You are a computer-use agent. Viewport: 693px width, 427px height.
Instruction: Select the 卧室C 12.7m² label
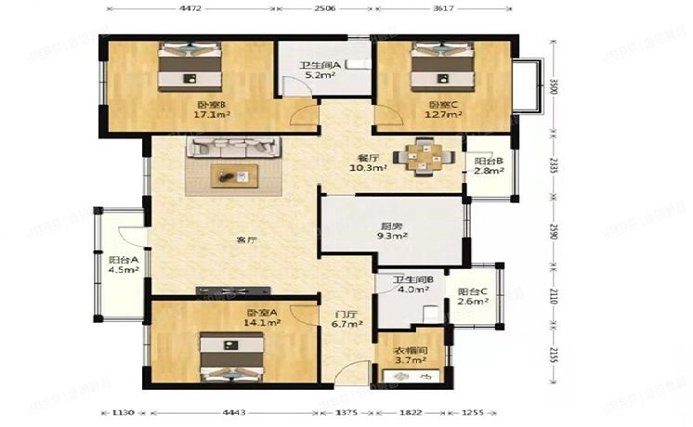445,110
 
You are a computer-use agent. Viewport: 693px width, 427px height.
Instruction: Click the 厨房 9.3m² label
392,230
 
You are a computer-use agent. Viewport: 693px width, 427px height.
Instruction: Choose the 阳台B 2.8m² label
487,166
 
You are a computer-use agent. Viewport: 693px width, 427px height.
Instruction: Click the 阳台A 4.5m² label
123,265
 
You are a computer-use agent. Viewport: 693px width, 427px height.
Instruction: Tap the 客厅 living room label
245,240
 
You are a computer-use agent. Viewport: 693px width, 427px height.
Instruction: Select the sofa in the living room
233,147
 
